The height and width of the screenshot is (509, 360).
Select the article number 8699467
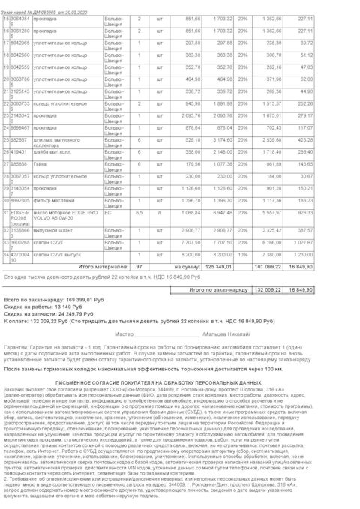click(19, 128)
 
